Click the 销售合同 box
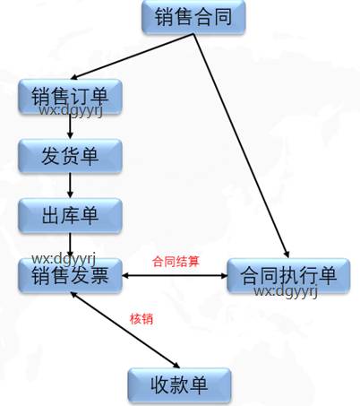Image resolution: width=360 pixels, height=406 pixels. [193, 16]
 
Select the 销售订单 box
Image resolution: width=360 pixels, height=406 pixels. [70, 96]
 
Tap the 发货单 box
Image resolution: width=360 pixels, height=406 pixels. [70, 156]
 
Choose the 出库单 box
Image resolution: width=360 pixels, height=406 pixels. [70, 215]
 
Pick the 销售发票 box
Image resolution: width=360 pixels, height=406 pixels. [70, 275]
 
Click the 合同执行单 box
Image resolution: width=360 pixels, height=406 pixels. [288, 275]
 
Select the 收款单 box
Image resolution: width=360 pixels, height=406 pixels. [179, 385]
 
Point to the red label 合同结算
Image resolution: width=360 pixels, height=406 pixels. [176, 262]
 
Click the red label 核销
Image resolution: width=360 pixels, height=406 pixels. [141, 319]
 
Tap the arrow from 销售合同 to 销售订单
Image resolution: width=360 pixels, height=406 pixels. [133, 56]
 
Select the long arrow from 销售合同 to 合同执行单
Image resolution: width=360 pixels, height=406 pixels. [241, 145]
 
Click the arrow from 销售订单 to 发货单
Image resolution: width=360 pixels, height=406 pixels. [70, 126]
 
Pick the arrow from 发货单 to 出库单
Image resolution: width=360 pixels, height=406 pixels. [70, 186]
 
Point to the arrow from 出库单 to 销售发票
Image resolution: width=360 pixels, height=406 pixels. [70, 246]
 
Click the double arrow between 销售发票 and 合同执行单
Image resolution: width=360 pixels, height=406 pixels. [175, 275]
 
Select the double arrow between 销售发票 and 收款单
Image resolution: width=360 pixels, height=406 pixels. [125, 330]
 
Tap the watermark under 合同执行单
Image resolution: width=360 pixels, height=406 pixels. [286, 291]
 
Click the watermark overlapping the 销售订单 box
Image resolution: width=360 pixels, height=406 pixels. [71, 110]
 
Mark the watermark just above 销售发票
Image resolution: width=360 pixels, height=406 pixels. [64, 259]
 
